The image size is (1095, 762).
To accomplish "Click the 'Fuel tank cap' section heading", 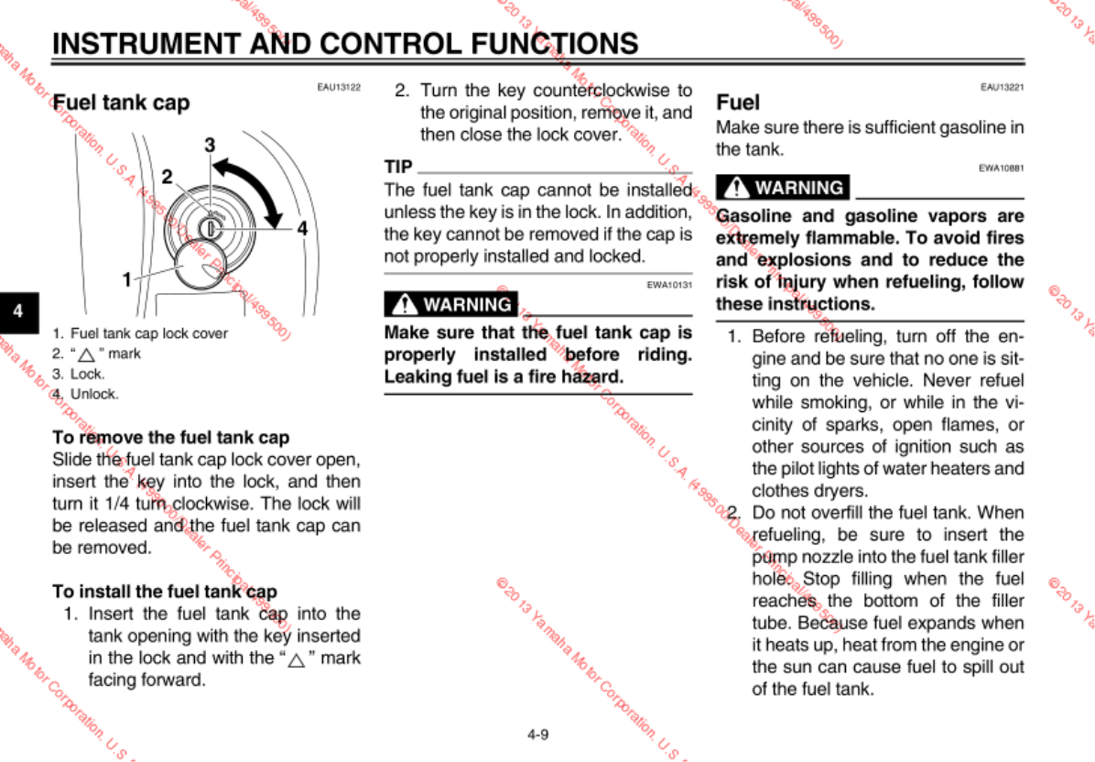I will [x=121, y=103].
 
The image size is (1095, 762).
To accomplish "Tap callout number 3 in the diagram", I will [x=210, y=145].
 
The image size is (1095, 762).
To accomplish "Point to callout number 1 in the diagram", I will [x=127, y=280].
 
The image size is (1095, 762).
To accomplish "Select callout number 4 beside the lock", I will [x=301, y=228].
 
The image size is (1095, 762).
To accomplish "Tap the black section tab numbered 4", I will [x=17, y=310].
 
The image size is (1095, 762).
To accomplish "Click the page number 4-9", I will [x=537, y=734].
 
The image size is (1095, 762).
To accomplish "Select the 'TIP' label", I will [x=398, y=167].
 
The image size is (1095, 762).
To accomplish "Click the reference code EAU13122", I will [x=339, y=87].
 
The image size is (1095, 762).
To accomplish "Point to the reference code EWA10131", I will [x=669, y=285].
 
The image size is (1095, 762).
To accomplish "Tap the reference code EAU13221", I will [x=1002, y=87].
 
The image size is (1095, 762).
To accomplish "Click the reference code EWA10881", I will [x=1002, y=169].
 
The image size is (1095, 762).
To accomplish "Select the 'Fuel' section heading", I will [x=737, y=102].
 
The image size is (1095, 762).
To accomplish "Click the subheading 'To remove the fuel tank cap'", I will [x=171, y=437].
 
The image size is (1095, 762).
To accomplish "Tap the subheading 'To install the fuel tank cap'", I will [x=165, y=592].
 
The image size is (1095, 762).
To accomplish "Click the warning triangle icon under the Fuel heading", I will [x=735, y=189].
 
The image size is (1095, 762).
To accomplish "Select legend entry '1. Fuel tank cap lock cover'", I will [x=140, y=333].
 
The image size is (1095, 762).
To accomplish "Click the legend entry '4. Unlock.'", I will [x=86, y=395].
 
